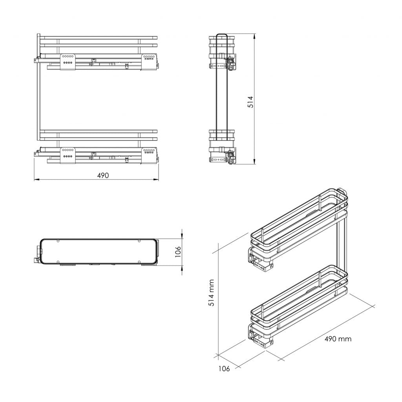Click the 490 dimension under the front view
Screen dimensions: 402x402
(x=103, y=175)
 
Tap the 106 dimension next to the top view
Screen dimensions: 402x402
(x=178, y=251)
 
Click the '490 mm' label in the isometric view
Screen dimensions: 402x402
(x=338, y=339)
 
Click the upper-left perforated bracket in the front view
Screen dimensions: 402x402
(x=68, y=62)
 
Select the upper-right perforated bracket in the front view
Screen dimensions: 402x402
(x=149, y=62)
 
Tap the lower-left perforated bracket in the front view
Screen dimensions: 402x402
(x=68, y=155)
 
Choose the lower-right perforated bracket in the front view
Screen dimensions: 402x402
(x=149, y=155)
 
